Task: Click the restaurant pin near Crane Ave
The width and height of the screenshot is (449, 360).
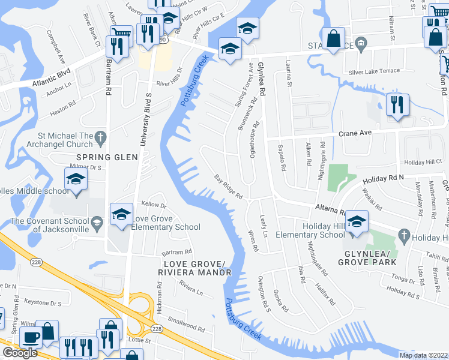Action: point(397,106)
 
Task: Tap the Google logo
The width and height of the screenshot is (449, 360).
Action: point(20,353)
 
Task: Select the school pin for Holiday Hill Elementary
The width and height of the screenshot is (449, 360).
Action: point(357,222)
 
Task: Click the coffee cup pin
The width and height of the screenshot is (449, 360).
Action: point(31,337)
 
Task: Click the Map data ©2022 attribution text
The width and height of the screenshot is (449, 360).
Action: point(423,355)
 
